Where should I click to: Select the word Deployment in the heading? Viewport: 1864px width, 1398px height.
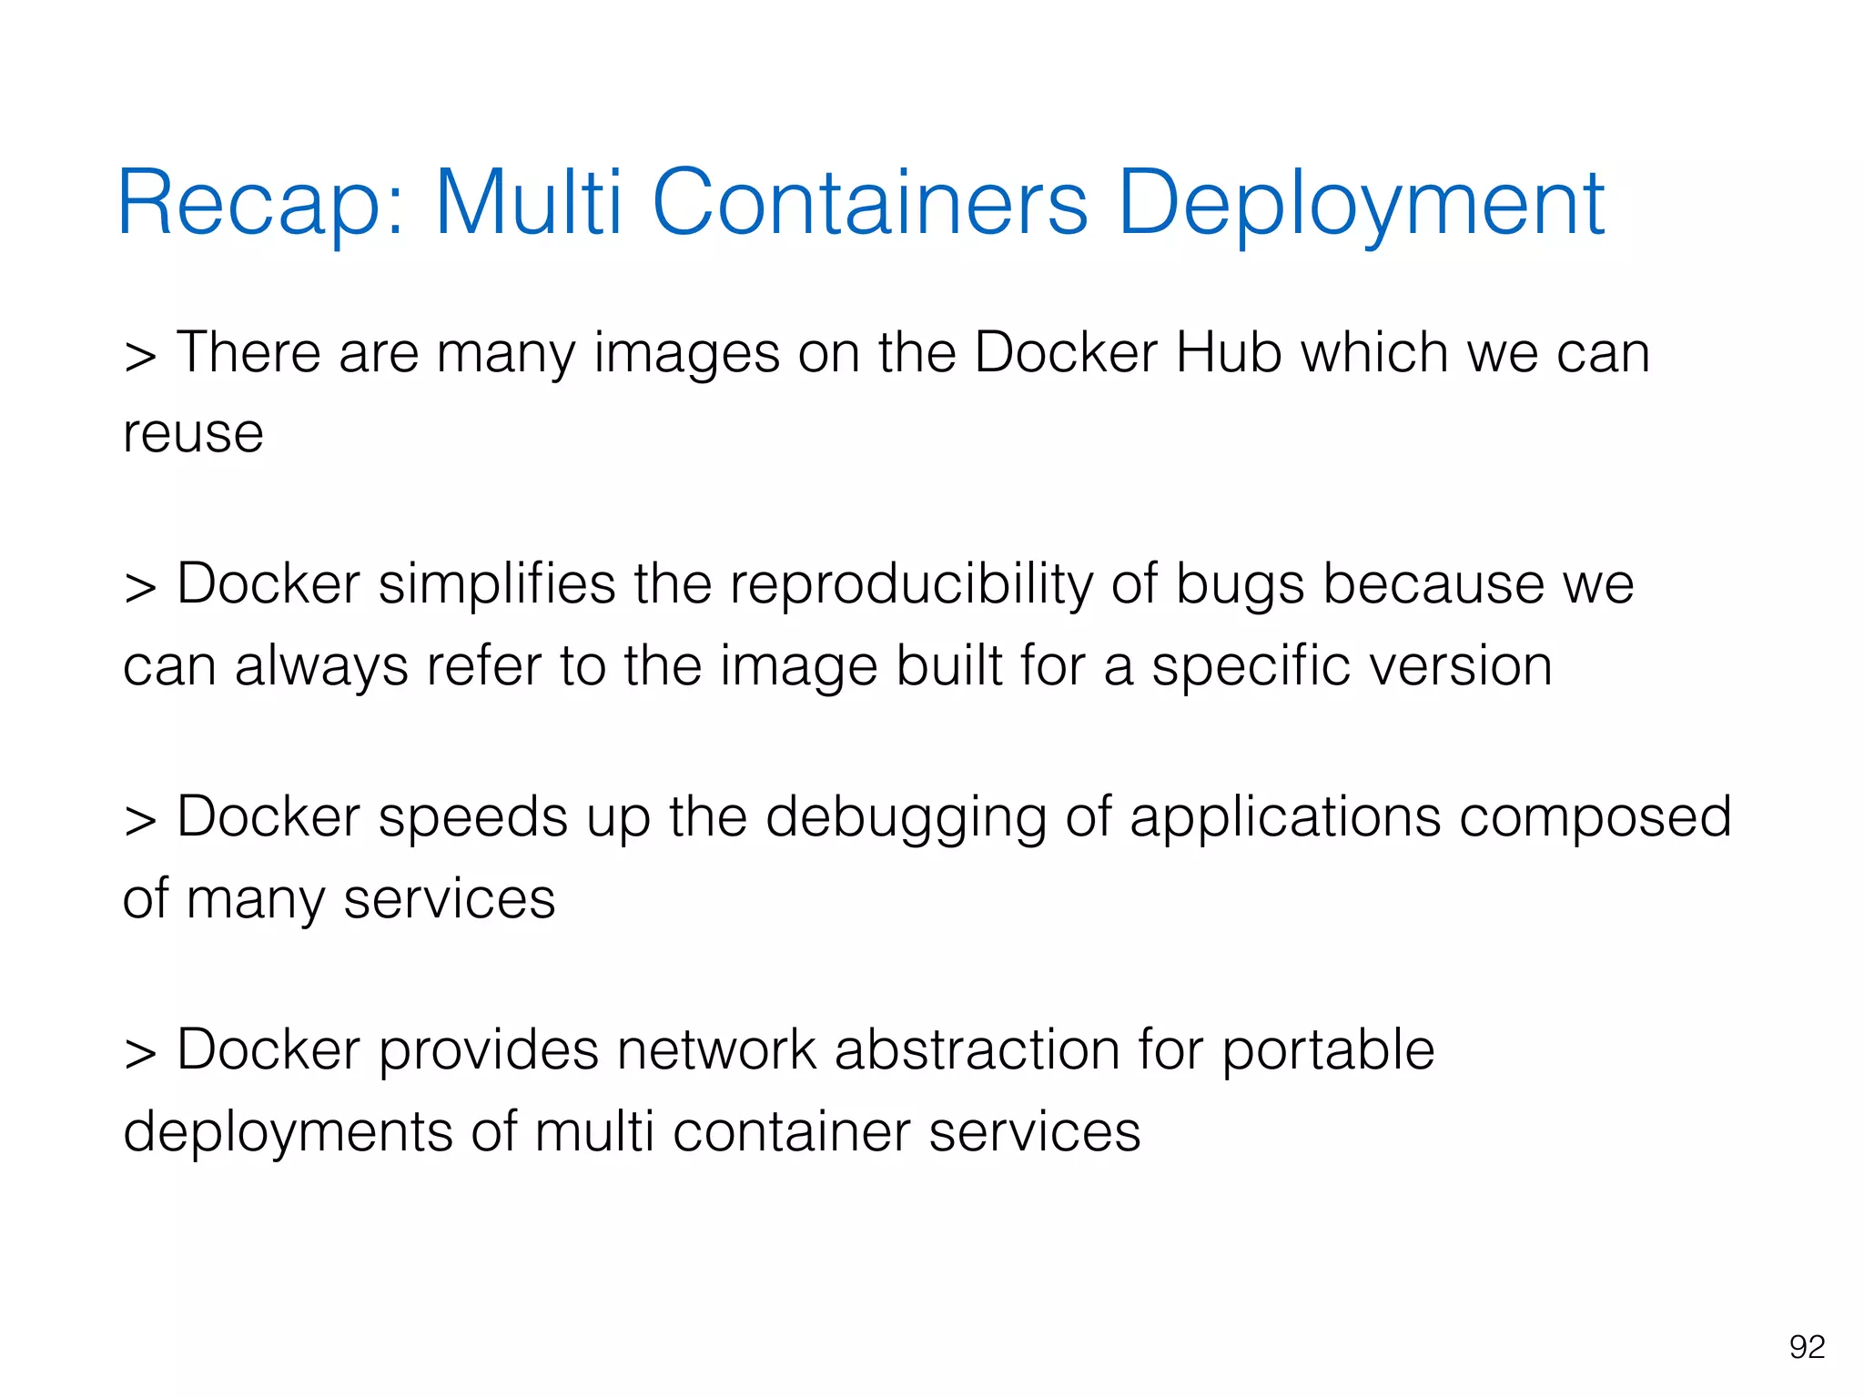pyautogui.click(x=1360, y=204)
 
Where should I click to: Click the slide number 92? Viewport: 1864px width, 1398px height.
pyautogui.click(x=1807, y=1346)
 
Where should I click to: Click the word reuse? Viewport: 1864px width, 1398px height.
pyautogui.click(x=193, y=433)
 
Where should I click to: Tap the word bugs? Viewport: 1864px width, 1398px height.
pyautogui.click(x=1240, y=584)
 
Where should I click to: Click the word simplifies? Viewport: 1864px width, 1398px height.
pyautogui.click(x=497, y=584)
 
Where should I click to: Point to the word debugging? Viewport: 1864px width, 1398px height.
pyautogui.click(x=907, y=818)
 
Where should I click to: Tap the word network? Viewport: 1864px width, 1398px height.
pyautogui.click(x=716, y=1049)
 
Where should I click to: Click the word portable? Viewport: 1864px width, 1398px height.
pyautogui.click(x=1328, y=1051)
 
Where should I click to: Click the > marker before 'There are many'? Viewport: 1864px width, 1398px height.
pyautogui.click(x=140, y=356)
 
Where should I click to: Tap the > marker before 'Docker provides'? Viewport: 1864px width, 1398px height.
pyautogui.click(x=140, y=1053)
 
